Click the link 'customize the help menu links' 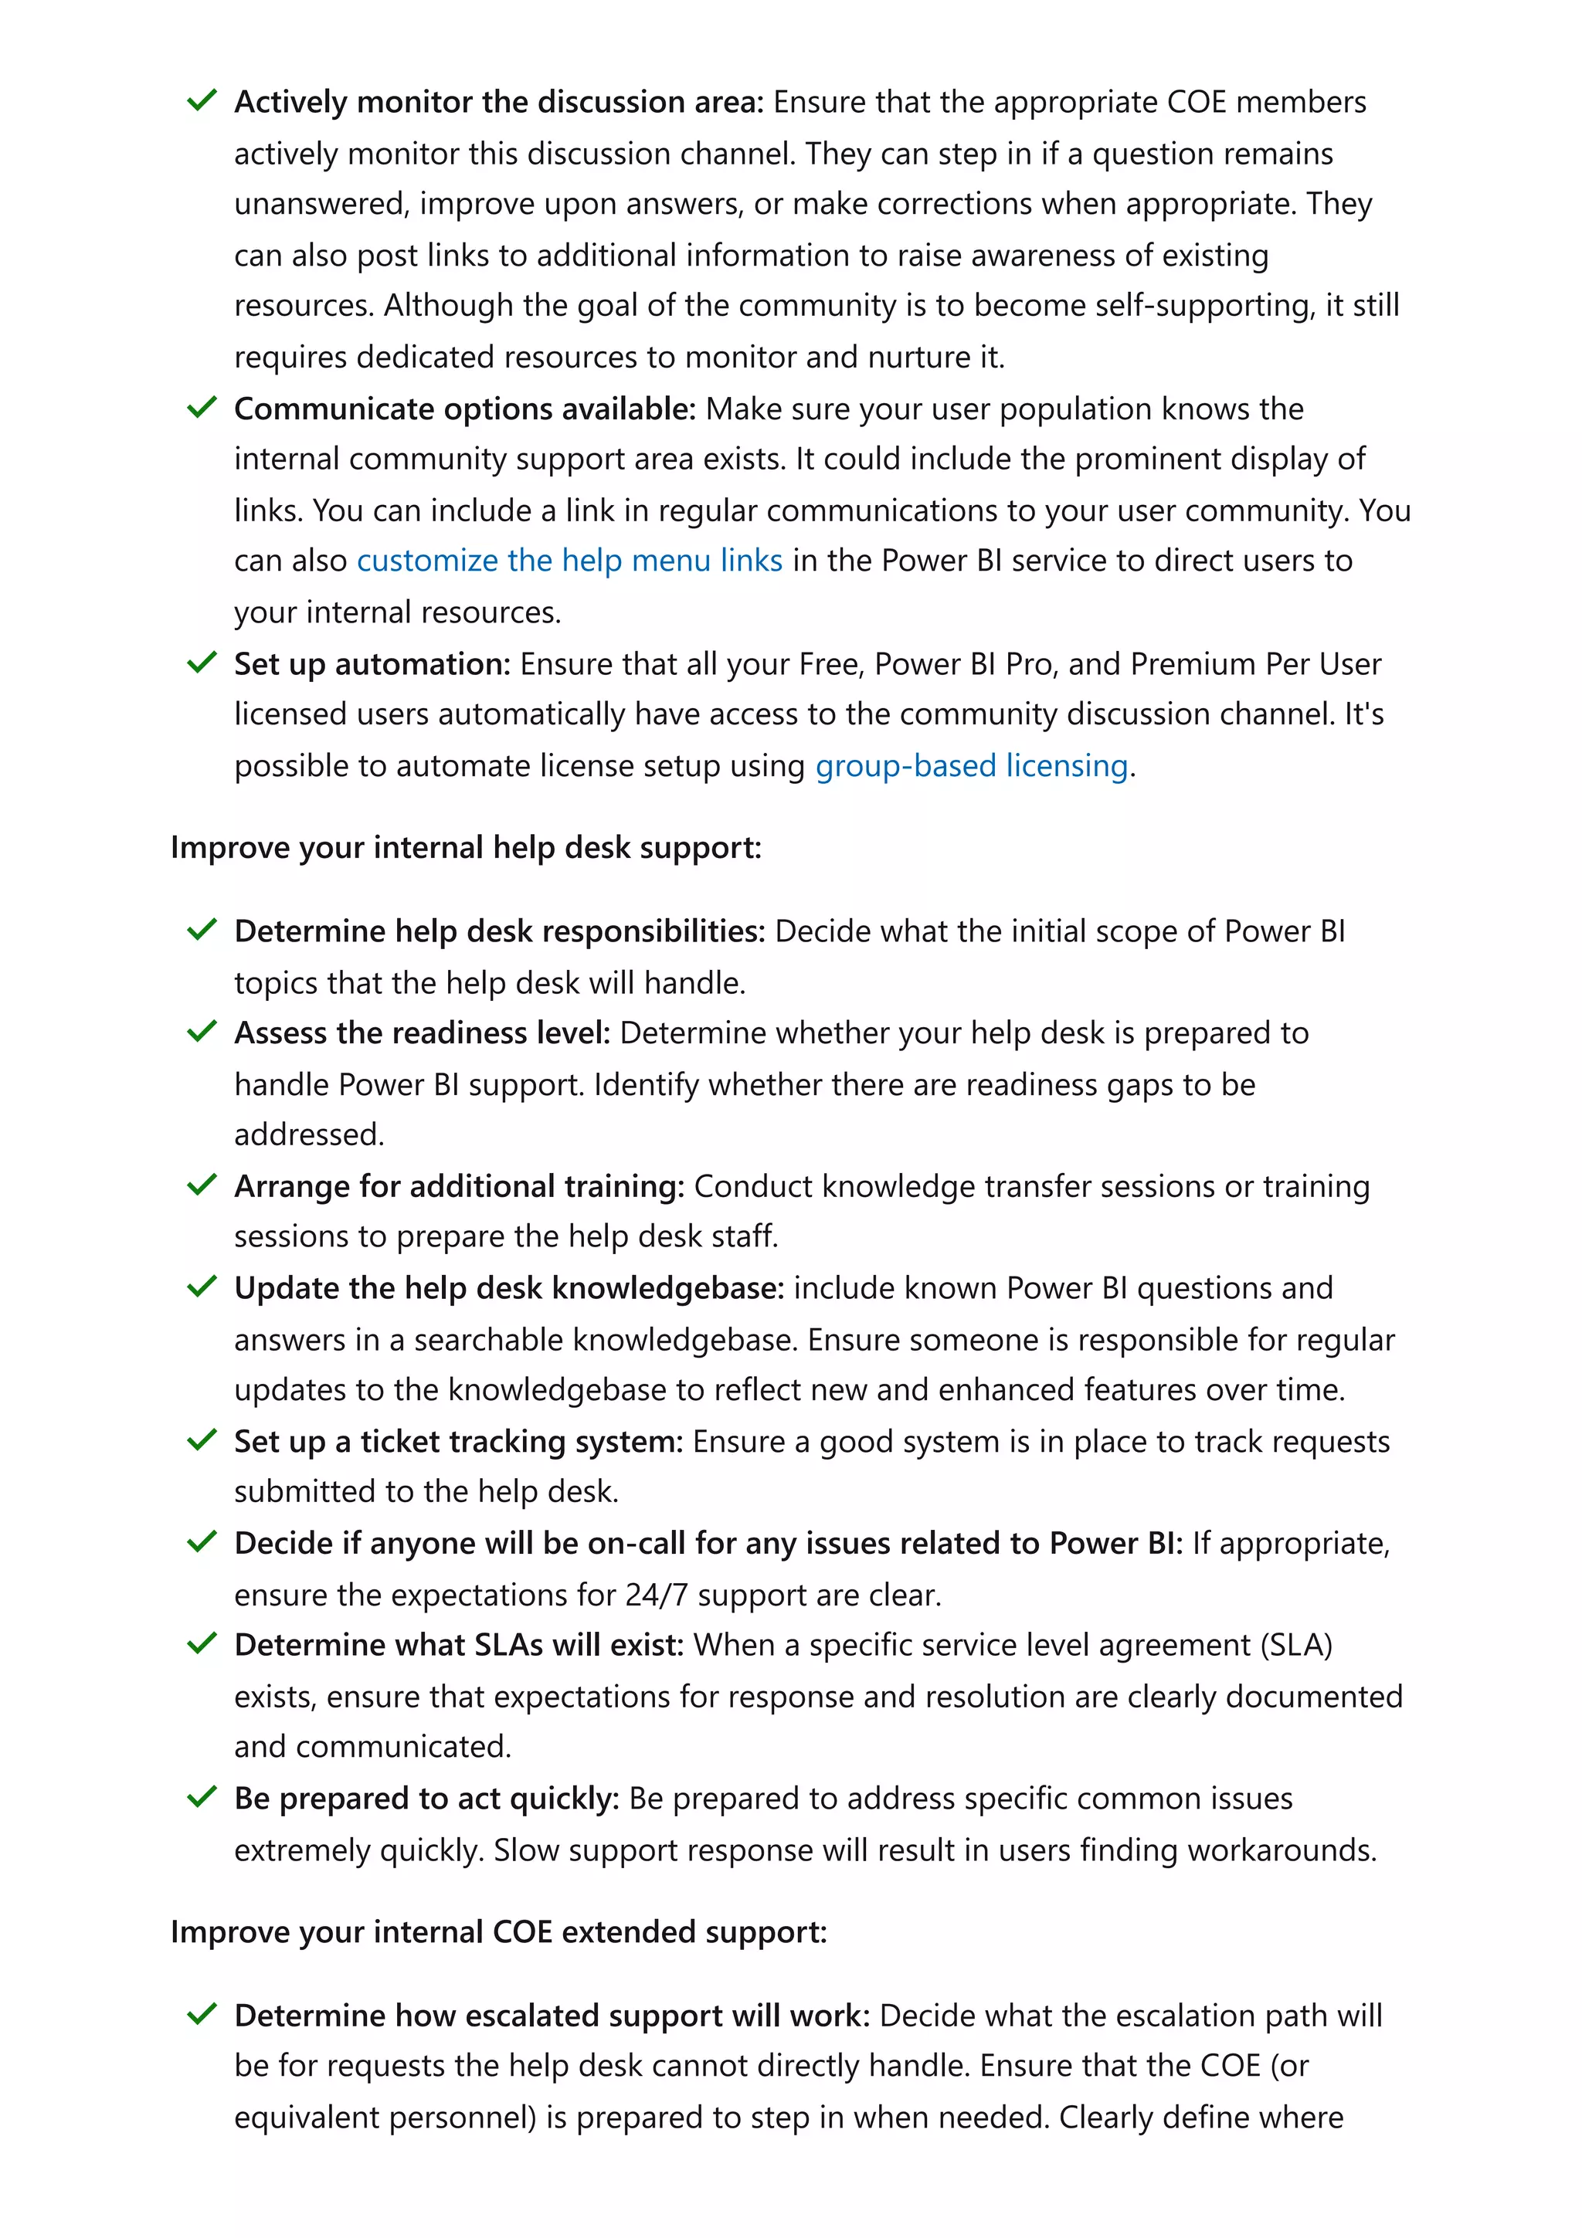click(x=569, y=561)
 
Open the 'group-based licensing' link click(x=971, y=765)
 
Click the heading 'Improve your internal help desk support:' click(x=465, y=847)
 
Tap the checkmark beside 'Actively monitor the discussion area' click(x=202, y=100)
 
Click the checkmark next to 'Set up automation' click(x=202, y=663)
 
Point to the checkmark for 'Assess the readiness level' click(x=202, y=1031)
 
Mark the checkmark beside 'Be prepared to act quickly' click(x=202, y=1796)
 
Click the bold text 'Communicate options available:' click(x=465, y=409)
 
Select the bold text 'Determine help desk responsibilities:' click(x=500, y=931)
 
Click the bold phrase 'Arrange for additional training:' click(x=459, y=1185)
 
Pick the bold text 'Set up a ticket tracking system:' click(x=458, y=1441)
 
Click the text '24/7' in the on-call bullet click(x=656, y=1595)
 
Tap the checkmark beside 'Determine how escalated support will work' click(x=202, y=2014)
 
